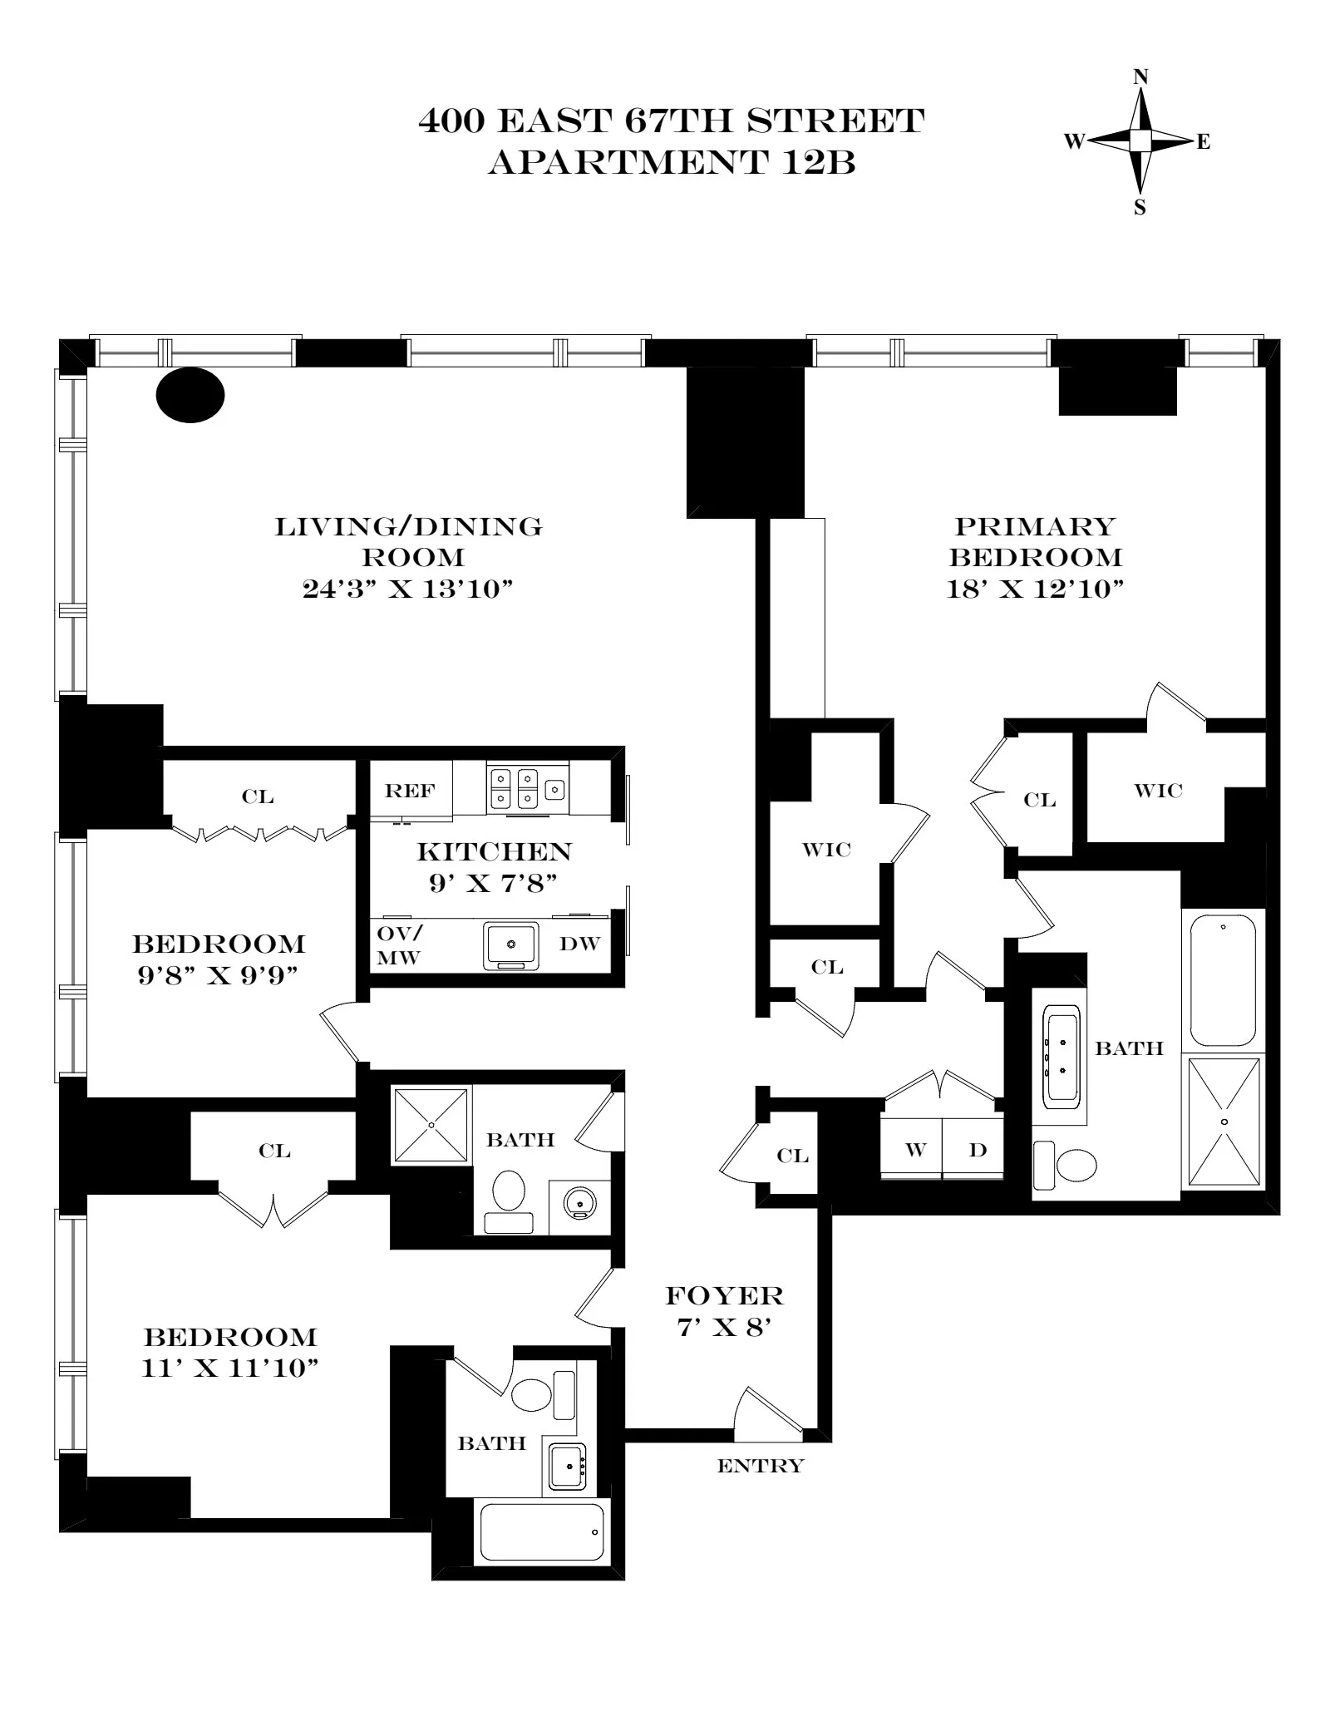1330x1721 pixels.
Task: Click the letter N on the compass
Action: [1140, 78]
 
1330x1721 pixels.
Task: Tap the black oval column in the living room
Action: [190, 395]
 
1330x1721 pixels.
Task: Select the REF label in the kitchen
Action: [410, 791]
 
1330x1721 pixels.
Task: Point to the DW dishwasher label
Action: [580, 943]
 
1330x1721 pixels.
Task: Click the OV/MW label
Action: [399, 946]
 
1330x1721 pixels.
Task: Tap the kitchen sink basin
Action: [510, 945]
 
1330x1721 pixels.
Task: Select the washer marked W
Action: [915, 1150]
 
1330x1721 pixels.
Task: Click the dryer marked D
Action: [978, 1150]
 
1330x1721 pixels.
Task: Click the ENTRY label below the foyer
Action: [761, 1466]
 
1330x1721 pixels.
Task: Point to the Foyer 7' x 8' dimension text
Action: [725, 1328]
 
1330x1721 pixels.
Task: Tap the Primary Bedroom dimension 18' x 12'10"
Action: [1035, 589]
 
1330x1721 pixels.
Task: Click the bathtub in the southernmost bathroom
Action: [541, 1531]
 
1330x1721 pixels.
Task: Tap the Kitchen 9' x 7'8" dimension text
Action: [493, 883]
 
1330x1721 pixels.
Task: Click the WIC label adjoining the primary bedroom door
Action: [1158, 791]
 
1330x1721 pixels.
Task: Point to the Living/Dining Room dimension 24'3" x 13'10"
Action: [407, 589]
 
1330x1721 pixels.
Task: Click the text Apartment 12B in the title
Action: [671, 162]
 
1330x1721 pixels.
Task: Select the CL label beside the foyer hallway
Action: [792, 1156]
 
